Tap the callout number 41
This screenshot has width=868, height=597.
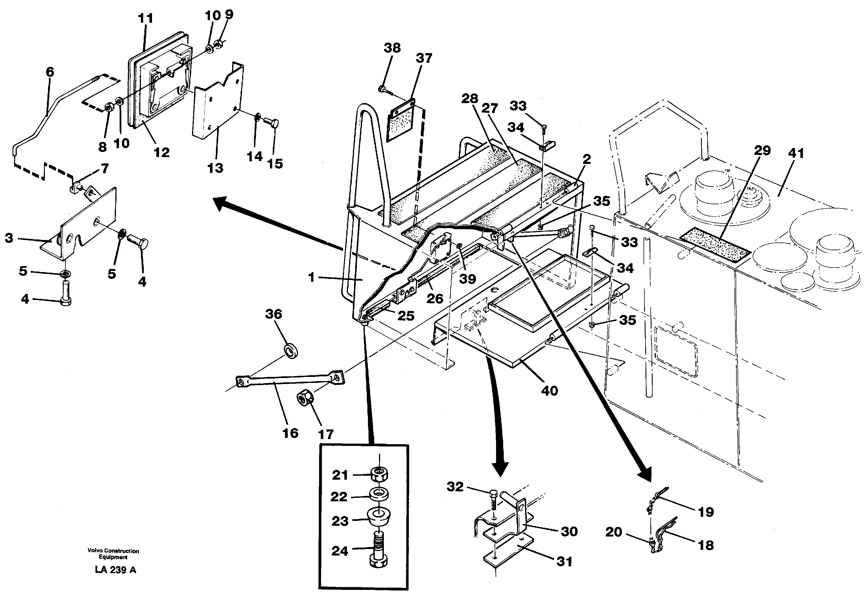796,153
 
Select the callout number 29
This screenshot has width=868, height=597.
762,150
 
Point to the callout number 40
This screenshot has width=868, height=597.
549,391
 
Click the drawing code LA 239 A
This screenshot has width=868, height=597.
116,570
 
